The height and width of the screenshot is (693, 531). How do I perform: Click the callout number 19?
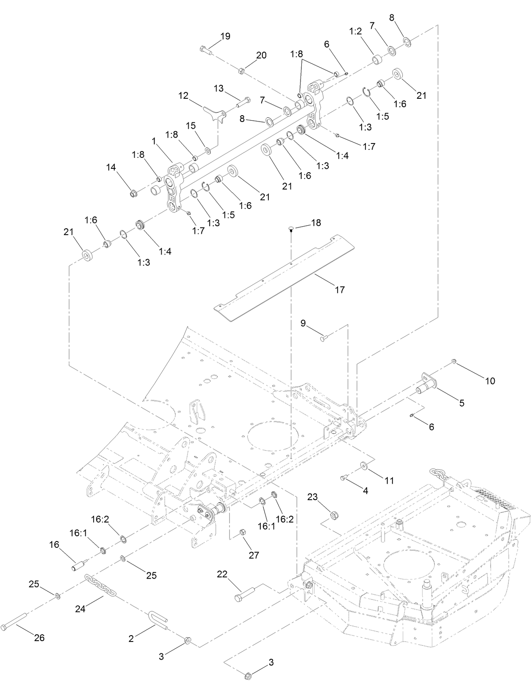(225, 36)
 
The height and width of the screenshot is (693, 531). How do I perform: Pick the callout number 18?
(316, 222)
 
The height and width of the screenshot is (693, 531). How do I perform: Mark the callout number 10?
(490, 381)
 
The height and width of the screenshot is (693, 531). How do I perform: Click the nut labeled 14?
(133, 194)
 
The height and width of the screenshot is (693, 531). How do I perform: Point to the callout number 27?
(254, 555)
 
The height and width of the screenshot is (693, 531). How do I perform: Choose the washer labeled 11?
(363, 466)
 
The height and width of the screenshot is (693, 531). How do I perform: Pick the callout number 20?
(261, 55)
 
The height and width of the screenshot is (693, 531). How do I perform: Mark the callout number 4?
(366, 491)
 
